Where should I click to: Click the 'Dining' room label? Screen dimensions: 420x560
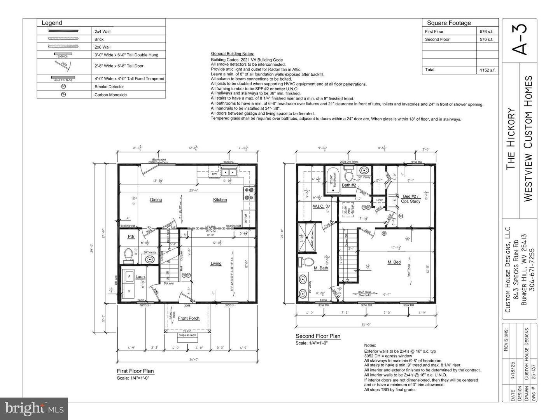[156, 199]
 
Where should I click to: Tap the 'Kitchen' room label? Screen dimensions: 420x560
[220, 199]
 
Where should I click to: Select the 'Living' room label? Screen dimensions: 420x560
[216, 263]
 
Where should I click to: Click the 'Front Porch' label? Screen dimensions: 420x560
[189, 318]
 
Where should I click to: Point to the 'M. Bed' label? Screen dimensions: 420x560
[394, 262]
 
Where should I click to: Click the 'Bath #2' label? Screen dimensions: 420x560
[349, 185]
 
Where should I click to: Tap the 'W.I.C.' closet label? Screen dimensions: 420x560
[318, 206]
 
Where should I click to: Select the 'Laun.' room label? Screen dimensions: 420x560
[140, 277]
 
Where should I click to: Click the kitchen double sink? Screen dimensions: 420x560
[229, 172]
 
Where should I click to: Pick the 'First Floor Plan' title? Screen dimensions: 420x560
[135, 371]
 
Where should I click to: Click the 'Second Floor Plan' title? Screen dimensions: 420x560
[318, 336]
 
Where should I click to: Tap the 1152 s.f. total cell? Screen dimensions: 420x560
[487, 70]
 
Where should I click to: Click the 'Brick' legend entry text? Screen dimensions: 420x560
[99, 39]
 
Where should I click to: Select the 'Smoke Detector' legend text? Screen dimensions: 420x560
[109, 87]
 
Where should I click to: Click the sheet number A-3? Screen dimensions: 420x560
[520, 40]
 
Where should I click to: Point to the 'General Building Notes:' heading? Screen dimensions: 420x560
[232, 54]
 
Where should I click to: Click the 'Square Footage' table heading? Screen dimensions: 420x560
[449, 23]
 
